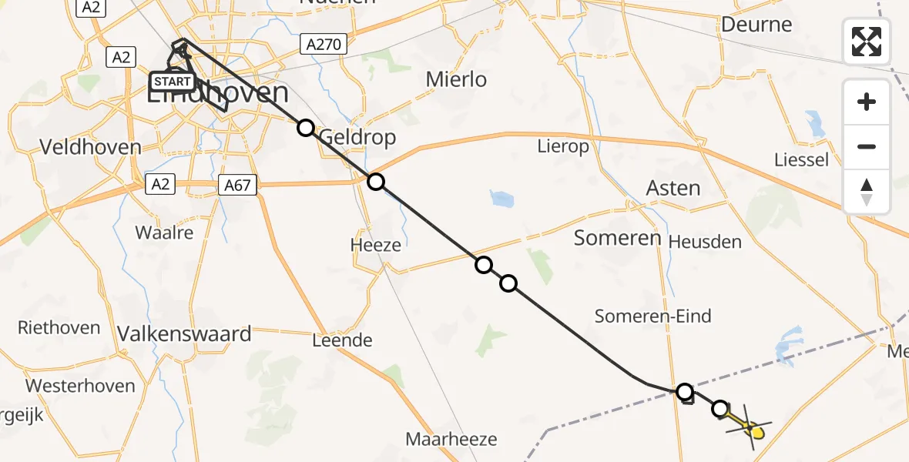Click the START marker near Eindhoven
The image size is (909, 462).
click(x=173, y=82)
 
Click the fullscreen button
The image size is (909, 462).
click(x=867, y=41)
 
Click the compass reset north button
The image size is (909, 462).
click(x=867, y=192)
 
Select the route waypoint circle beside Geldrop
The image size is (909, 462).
click(x=306, y=128)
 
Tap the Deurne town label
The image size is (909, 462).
click(x=756, y=25)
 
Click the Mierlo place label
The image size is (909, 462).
click(x=457, y=79)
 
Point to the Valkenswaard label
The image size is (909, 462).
click(x=185, y=334)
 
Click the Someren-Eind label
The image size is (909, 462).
click(x=653, y=316)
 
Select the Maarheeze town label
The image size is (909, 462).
click(x=451, y=440)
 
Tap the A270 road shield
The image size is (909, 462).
click(x=323, y=45)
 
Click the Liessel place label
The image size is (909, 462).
click(x=803, y=160)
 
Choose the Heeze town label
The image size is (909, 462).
click(x=375, y=246)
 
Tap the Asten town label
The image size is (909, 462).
click(x=673, y=188)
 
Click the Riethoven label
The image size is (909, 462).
click(x=59, y=327)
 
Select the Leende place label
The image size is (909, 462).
click(x=342, y=340)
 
